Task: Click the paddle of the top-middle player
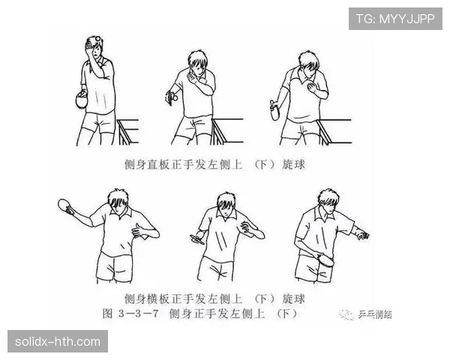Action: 171,97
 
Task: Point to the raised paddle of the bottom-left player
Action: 64,205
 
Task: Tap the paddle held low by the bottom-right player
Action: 325,263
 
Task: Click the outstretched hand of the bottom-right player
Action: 362,235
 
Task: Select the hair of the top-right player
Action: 307,60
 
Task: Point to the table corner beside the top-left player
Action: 127,121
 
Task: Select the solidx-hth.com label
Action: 57,342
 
